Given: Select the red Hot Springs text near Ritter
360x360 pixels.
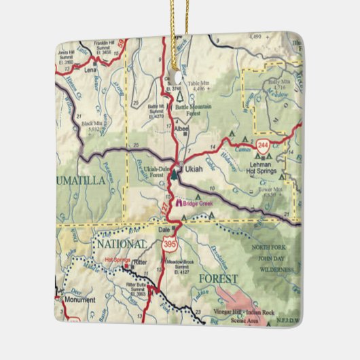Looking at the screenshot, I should [x=116, y=259].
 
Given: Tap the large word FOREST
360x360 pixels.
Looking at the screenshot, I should [x=217, y=278].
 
